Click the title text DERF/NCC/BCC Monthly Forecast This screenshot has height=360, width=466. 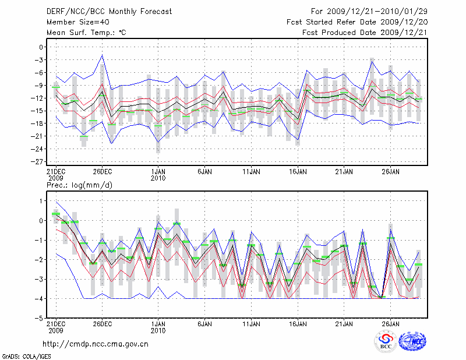(109, 12)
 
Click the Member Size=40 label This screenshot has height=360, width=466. (77, 22)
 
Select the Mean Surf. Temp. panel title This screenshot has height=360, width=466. (86, 33)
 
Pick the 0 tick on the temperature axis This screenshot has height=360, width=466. (41, 47)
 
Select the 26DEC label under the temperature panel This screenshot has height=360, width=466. (103, 172)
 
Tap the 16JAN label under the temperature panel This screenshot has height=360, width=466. (298, 172)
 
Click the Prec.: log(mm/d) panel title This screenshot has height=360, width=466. (80, 185)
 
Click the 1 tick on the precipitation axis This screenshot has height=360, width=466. (41, 201)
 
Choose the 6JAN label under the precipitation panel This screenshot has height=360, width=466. (204, 323)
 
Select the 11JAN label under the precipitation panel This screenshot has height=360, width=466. (251, 323)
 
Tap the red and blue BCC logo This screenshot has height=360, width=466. (385, 341)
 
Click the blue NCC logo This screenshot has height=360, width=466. (412, 341)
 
